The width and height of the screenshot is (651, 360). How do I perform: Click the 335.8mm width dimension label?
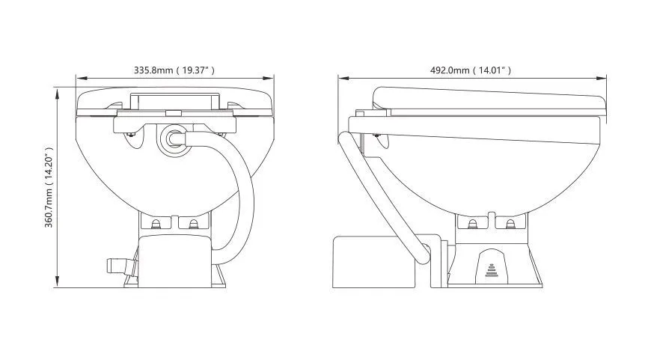point(174,70)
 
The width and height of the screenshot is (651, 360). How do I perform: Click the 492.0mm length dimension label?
point(471,70)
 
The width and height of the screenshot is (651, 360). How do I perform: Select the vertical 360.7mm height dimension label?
point(49,187)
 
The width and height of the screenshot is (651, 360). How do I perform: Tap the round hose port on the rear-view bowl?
point(172,139)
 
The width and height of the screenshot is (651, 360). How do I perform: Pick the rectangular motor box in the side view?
point(373,262)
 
